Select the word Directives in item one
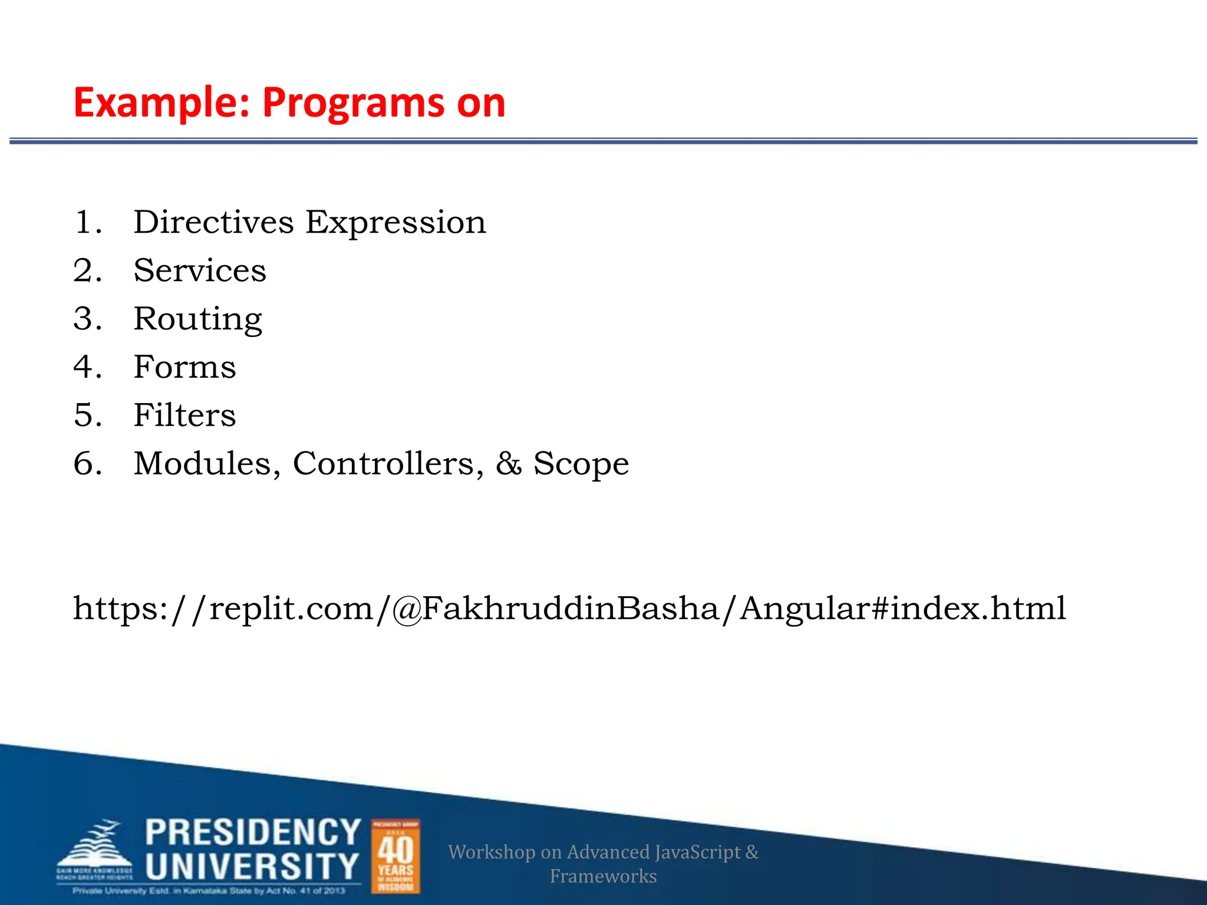pyautogui.click(x=213, y=223)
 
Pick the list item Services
pyautogui.click(x=200, y=271)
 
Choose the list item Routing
pyautogui.click(x=198, y=320)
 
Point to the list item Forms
pyautogui.click(x=184, y=367)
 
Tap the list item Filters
pyautogui.click(x=184, y=415)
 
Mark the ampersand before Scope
pyautogui.click(x=508, y=464)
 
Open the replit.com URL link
pyautogui.click(x=569, y=609)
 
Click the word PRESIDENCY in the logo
pyautogui.click(x=253, y=833)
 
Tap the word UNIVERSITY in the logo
pyautogui.click(x=252, y=867)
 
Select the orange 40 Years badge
pyautogui.click(x=395, y=856)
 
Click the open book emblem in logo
pyautogui.click(x=94, y=848)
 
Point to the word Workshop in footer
pyautogui.click(x=491, y=853)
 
